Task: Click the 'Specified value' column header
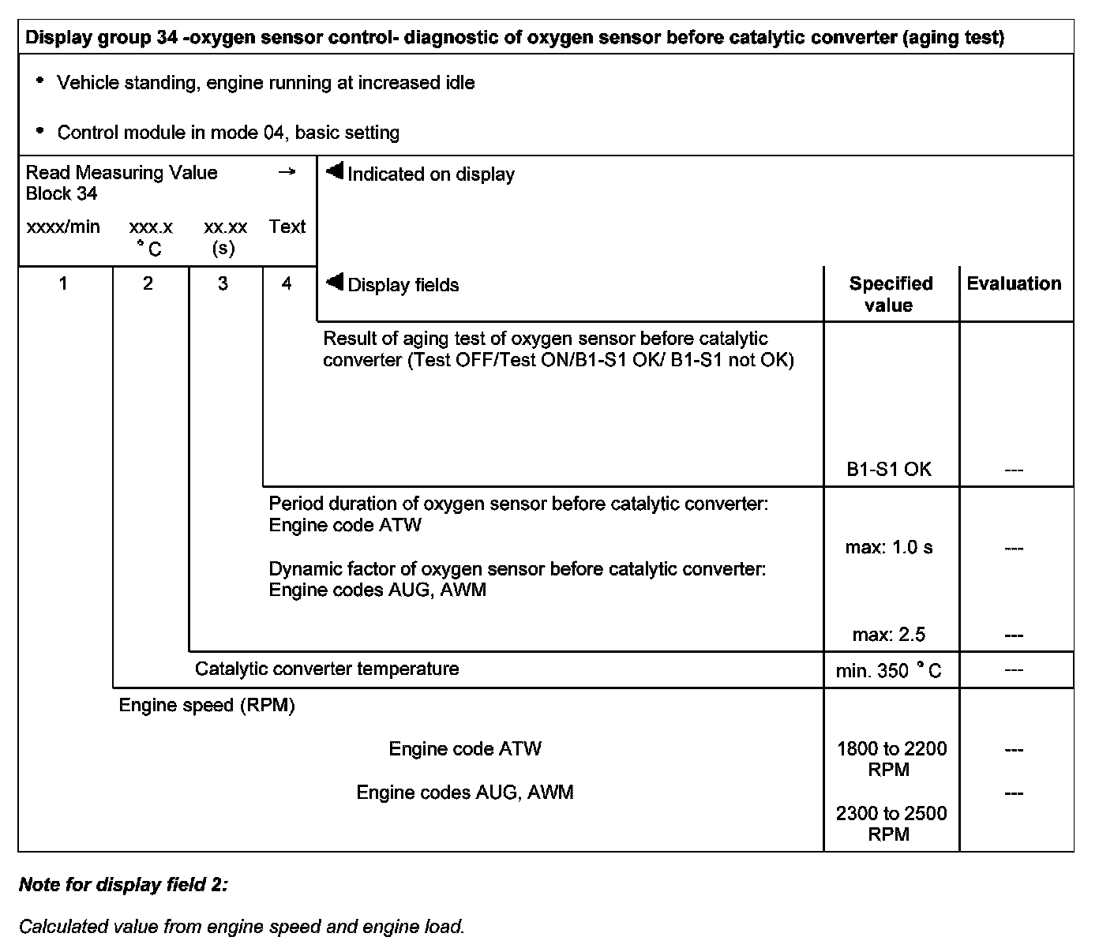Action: pos(891,294)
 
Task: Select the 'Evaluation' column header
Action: pos(1014,283)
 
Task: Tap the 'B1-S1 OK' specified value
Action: pos(889,469)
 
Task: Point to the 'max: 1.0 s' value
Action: pos(889,547)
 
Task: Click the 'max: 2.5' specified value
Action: pos(889,634)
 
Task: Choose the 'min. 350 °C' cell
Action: pos(889,671)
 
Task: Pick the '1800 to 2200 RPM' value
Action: pos(891,759)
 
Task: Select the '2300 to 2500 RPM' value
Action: pos(891,823)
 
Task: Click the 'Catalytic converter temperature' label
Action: pos(327,669)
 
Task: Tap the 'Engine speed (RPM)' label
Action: pos(207,705)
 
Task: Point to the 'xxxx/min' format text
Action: pos(63,227)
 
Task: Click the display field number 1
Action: pos(63,283)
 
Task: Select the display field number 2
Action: pos(148,283)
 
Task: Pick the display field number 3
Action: pos(223,283)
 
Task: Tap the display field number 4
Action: pos(287,283)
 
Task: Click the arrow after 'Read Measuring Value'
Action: pos(287,172)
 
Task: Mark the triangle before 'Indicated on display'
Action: pos(335,171)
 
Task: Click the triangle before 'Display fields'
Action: pos(335,282)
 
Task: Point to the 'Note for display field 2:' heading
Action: pos(123,885)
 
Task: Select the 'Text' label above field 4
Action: pos(287,227)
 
